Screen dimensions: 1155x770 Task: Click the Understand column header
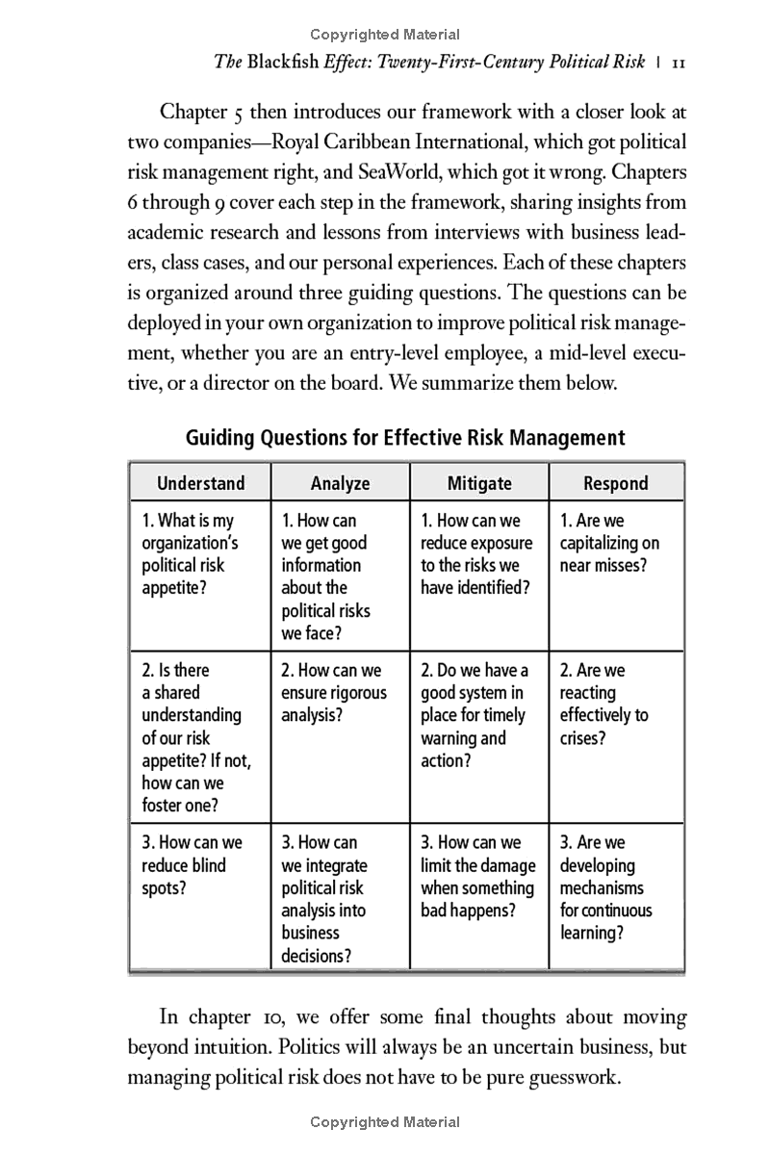[x=201, y=483]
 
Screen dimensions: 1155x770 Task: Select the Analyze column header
[x=340, y=483]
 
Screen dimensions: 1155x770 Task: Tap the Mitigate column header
[x=479, y=483]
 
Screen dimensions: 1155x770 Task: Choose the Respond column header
[x=616, y=483]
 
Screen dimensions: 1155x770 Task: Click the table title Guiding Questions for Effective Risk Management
[x=405, y=438]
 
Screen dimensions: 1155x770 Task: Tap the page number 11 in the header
[x=677, y=63]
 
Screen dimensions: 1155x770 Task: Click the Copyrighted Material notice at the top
[x=385, y=35]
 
